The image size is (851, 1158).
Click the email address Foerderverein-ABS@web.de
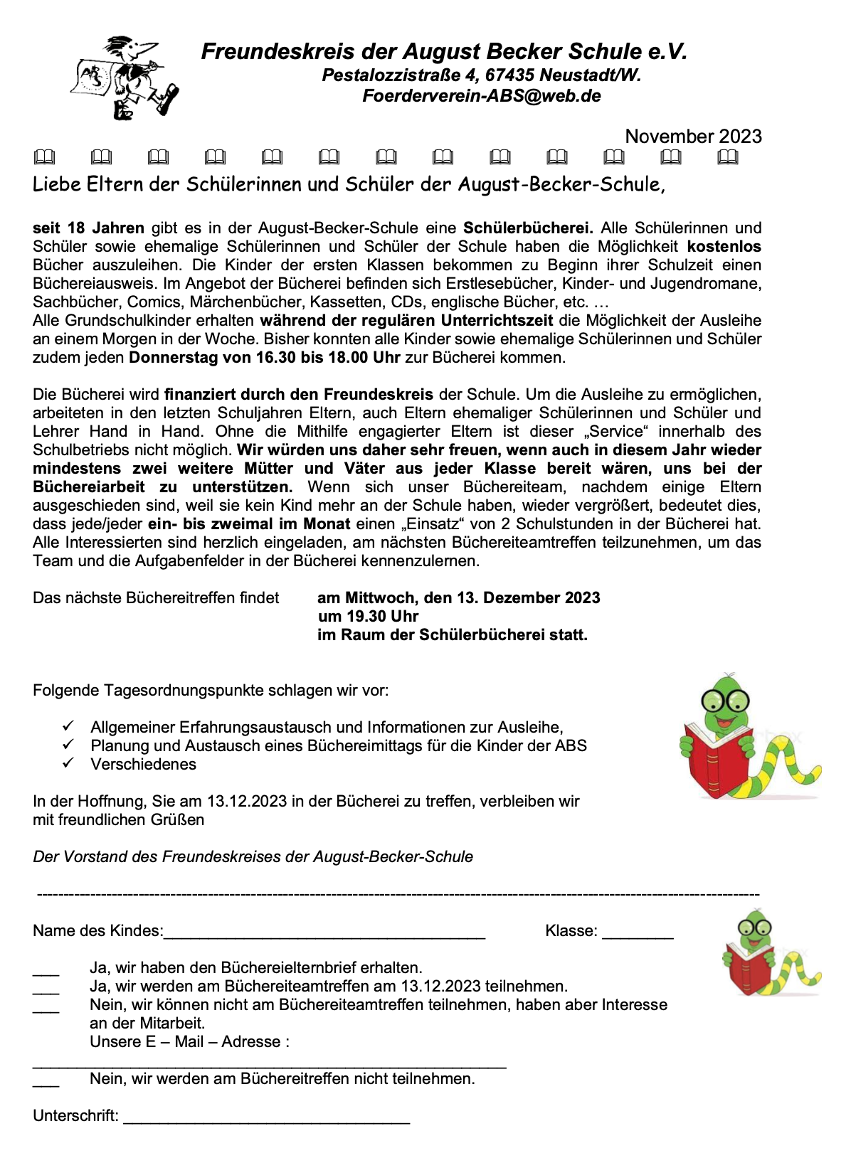(x=481, y=96)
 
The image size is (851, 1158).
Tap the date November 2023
(x=693, y=137)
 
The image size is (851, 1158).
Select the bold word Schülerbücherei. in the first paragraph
(x=528, y=228)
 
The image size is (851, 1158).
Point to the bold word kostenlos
(x=724, y=247)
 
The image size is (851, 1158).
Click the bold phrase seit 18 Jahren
(x=88, y=228)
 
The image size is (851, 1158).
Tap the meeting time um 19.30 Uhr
(x=368, y=617)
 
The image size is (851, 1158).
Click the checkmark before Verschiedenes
(x=68, y=763)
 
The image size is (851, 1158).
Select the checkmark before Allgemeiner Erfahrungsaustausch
(x=68, y=726)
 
